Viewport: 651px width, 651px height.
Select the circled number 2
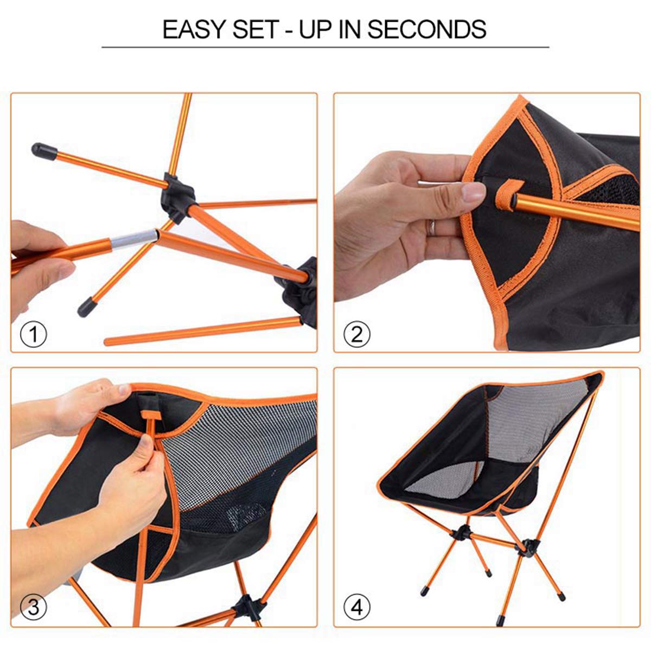(356, 334)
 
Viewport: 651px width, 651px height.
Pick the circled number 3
(34, 607)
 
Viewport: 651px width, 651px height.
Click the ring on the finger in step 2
(432, 227)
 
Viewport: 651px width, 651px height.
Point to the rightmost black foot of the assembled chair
(561, 596)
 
